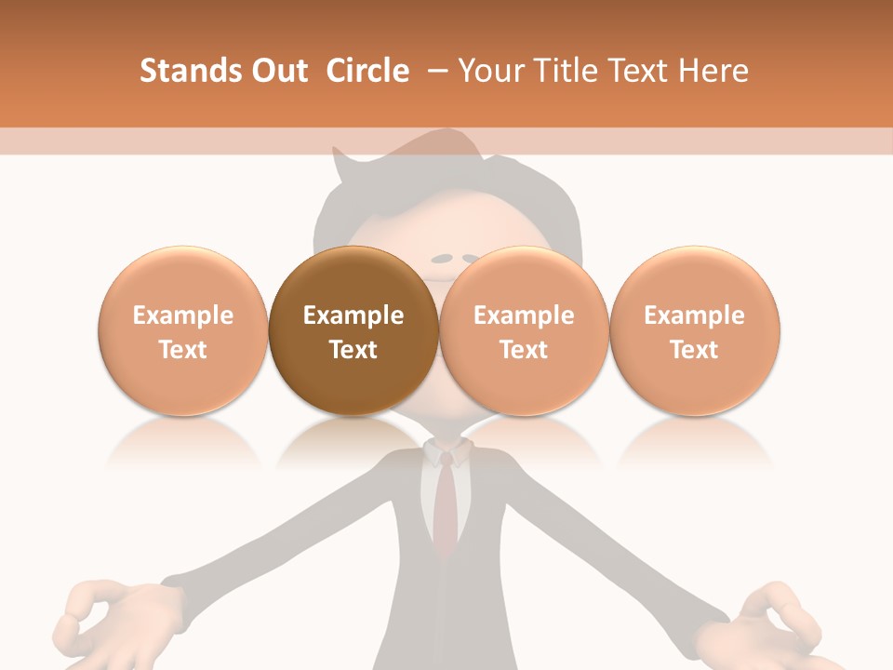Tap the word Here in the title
[716, 71]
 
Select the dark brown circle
[353, 330]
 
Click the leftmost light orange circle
[182, 330]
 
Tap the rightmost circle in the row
[695, 330]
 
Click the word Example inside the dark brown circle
[353, 315]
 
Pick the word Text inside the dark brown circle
[353, 350]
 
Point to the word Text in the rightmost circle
[695, 350]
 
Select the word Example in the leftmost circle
[182, 315]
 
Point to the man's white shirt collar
[446, 453]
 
